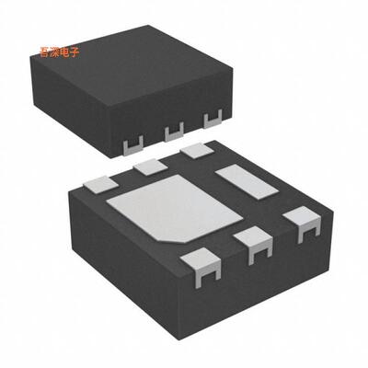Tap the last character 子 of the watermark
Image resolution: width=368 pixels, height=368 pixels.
tap(75, 52)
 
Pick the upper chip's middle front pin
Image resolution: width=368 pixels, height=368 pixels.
tap(171, 135)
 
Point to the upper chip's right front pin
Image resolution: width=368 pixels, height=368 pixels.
tap(212, 119)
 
